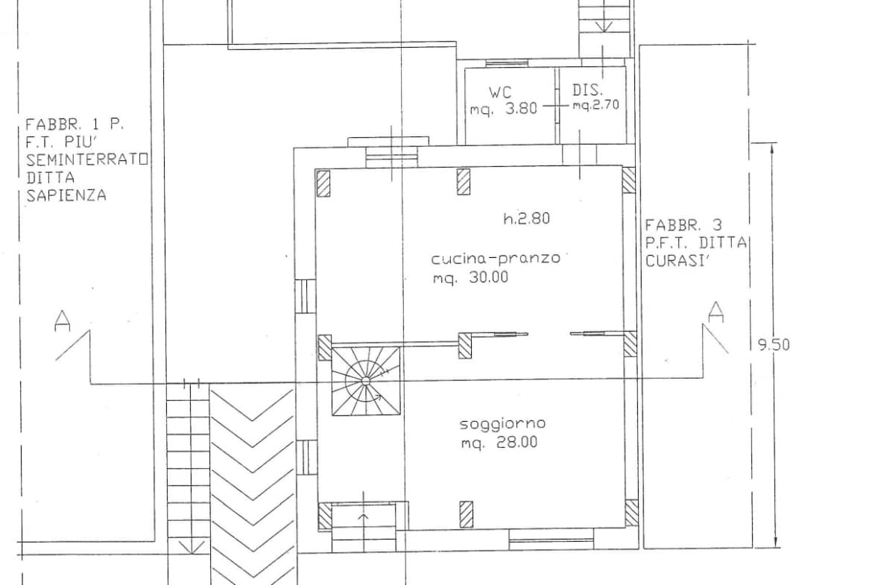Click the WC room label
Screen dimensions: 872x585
tap(500, 92)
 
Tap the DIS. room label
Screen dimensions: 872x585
tap(588, 89)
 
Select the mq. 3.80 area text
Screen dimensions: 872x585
tap(504, 109)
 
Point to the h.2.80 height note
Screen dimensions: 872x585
tap(527, 218)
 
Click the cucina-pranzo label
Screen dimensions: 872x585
tap(496, 259)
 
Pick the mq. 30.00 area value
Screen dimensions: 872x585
tap(470, 277)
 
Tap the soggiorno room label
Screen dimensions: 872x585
tap(503, 424)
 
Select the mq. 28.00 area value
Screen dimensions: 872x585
tap(499, 443)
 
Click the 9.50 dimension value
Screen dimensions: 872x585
tap(774, 345)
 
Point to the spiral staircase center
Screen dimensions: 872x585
tap(365, 381)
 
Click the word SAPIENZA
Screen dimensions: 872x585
tap(66, 195)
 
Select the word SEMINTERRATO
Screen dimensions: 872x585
tap(87, 159)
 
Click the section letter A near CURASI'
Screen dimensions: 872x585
tap(716, 312)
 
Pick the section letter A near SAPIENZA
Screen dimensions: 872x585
tap(63, 321)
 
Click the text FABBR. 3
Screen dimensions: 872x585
tap(683, 225)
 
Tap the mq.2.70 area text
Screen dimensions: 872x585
tap(596, 104)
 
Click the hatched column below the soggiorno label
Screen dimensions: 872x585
tap(466, 514)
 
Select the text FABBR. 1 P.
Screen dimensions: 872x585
tap(75, 124)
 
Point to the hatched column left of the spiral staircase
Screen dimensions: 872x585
tap(325, 347)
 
